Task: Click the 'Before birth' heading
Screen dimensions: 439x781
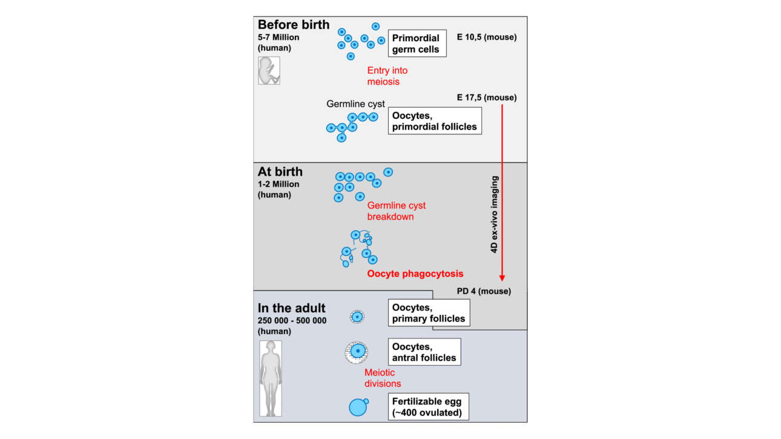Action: point(294,25)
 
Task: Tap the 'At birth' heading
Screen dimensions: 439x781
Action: point(280,172)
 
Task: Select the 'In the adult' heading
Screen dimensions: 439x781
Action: point(292,308)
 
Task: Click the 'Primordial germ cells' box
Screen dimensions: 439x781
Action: point(417,44)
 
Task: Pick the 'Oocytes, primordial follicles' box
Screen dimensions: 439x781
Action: point(434,120)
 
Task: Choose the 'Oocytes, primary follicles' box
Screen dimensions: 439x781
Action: point(429,312)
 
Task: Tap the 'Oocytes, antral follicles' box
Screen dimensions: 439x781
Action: point(424,352)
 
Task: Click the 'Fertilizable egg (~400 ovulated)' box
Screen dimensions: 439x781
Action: point(429,407)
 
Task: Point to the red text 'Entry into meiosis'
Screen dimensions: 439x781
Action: point(387,76)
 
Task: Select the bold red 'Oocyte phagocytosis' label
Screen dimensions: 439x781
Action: point(415,274)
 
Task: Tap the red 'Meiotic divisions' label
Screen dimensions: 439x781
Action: point(383,378)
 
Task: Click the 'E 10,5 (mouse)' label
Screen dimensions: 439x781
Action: point(486,37)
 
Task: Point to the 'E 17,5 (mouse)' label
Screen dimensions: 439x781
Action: point(486,97)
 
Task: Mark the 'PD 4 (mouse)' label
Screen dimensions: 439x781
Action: point(484,291)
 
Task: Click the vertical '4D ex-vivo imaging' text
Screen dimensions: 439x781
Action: point(495,215)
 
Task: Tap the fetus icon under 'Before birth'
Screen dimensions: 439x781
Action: point(269,70)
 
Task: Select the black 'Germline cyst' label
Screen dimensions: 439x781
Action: point(355,104)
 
